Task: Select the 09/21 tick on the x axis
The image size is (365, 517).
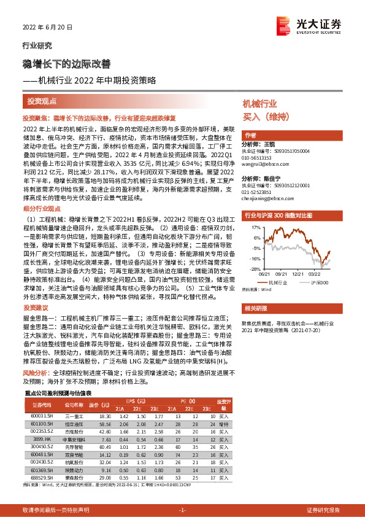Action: (x=282, y=274)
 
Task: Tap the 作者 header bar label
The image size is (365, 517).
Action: (x=250, y=135)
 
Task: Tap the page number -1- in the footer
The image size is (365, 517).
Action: (x=182, y=510)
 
